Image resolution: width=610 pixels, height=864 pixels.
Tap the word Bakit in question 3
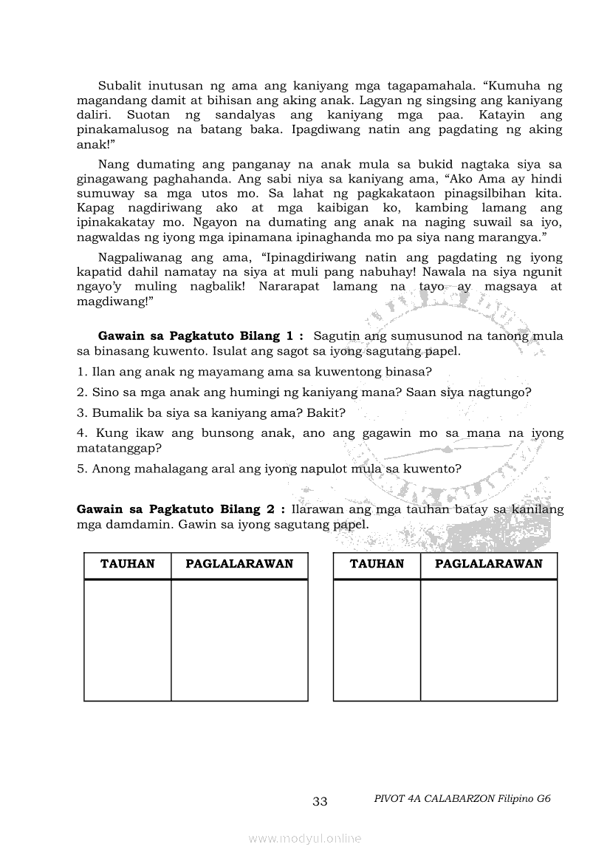pos(327,412)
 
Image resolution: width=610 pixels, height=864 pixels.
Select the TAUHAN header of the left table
pos(128,564)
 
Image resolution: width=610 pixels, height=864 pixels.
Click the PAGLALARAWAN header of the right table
pos(489,564)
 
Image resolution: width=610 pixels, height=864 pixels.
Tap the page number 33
pos(320,801)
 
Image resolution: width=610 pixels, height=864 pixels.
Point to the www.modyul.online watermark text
pos(305,838)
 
